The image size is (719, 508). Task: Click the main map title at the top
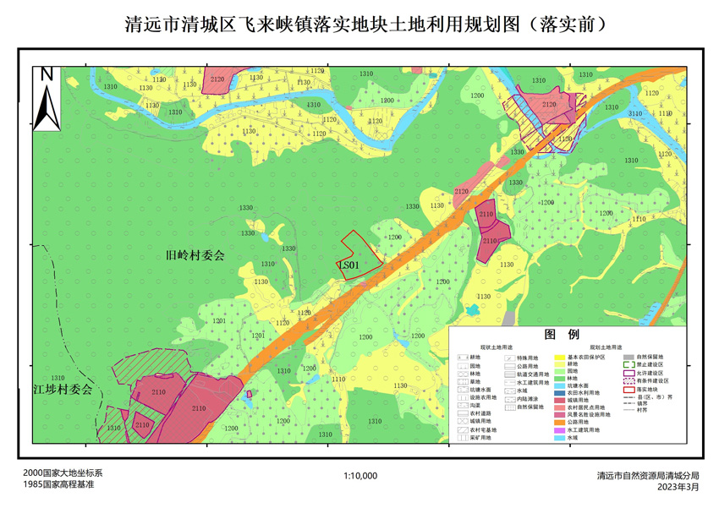(359, 23)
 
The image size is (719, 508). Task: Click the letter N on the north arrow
(47, 74)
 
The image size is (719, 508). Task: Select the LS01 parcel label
(349, 265)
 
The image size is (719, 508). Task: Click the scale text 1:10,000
(360, 476)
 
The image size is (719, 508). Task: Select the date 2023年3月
(681, 487)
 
